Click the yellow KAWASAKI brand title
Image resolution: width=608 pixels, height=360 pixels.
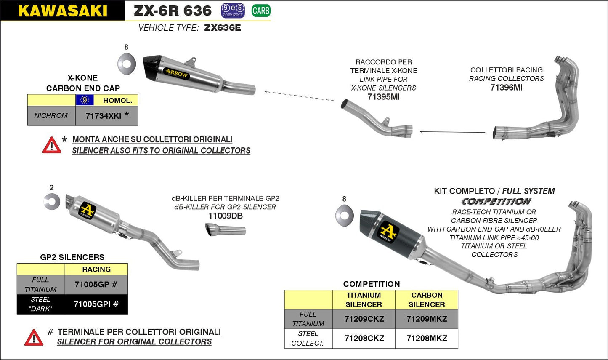click(x=62, y=11)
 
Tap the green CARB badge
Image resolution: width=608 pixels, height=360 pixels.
click(x=261, y=11)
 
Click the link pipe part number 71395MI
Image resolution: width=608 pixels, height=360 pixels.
click(x=383, y=97)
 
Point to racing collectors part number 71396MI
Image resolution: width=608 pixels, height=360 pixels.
click(x=506, y=88)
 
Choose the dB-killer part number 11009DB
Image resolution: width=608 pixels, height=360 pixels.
click(x=226, y=216)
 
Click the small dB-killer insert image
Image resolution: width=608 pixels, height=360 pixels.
click(x=225, y=230)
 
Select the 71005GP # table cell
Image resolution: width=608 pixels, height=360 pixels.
click(x=96, y=285)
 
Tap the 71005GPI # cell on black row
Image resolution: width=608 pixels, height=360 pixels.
click(x=96, y=304)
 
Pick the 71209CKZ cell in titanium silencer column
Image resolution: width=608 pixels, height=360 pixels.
click(x=364, y=319)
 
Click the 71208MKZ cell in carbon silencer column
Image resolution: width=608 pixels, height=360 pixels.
click(x=427, y=339)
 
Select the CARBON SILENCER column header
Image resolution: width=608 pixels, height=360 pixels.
click(x=427, y=300)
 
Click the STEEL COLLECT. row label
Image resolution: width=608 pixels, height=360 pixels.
click(x=308, y=339)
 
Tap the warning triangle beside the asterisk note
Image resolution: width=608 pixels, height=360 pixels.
click(x=51, y=145)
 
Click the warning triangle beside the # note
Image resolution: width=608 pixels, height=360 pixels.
click(x=34, y=338)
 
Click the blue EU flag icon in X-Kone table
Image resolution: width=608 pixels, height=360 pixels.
click(x=85, y=100)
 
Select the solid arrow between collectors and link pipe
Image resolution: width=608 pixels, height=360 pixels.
click(x=452, y=132)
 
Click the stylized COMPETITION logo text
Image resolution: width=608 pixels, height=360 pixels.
click(x=496, y=202)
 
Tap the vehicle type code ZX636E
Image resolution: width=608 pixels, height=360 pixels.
click(x=222, y=28)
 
